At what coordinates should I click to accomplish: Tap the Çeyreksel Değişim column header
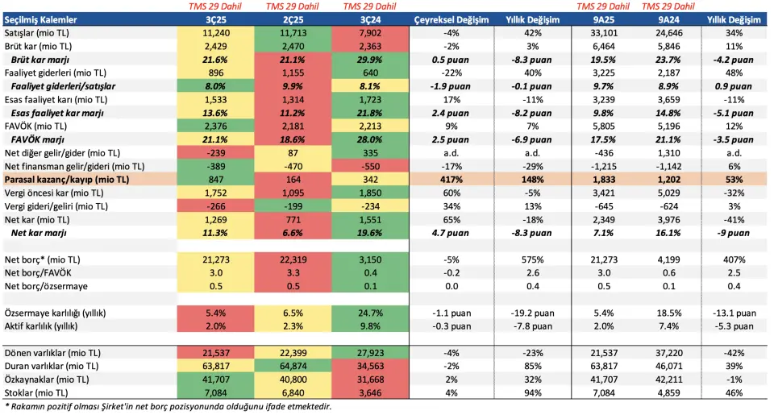click(451, 19)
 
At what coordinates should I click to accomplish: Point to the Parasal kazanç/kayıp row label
click(66, 179)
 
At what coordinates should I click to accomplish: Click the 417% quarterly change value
click(451, 179)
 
